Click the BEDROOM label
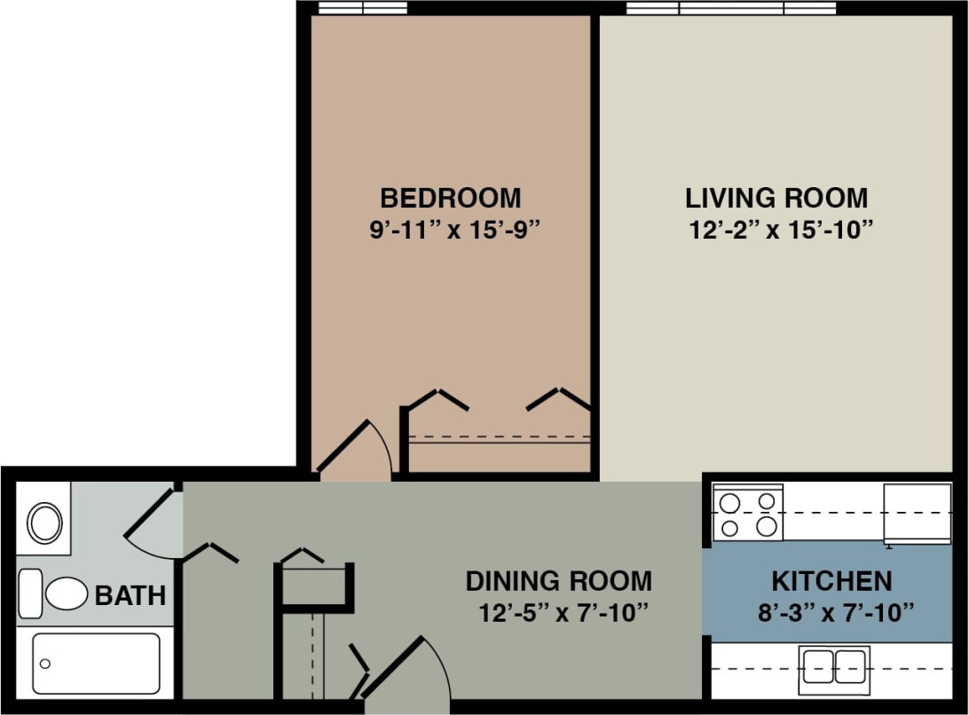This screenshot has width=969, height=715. click(x=450, y=196)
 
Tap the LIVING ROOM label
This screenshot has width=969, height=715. click(x=776, y=196)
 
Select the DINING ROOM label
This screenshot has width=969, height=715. click(x=558, y=581)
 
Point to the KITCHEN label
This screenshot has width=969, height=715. click(x=831, y=581)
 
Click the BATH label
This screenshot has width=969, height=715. click(x=130, y=595)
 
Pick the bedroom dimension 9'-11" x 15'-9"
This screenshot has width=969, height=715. click(x=455, y=230)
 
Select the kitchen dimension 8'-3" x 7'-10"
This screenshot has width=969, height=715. click(x=834, y=612)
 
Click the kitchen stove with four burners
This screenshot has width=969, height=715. click(x=748, y=514)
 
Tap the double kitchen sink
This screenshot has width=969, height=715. click(x=834, y=667)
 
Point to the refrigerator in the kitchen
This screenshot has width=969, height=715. click(x=917, y=513)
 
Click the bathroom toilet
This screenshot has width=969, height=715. click(x=55, y=593)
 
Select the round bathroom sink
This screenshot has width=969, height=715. click(x=43, y=522)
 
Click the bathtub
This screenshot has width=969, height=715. click(x=96, y=664)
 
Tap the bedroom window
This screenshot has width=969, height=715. click(x=362, y=8)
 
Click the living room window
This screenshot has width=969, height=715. click(x=731, y=8)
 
